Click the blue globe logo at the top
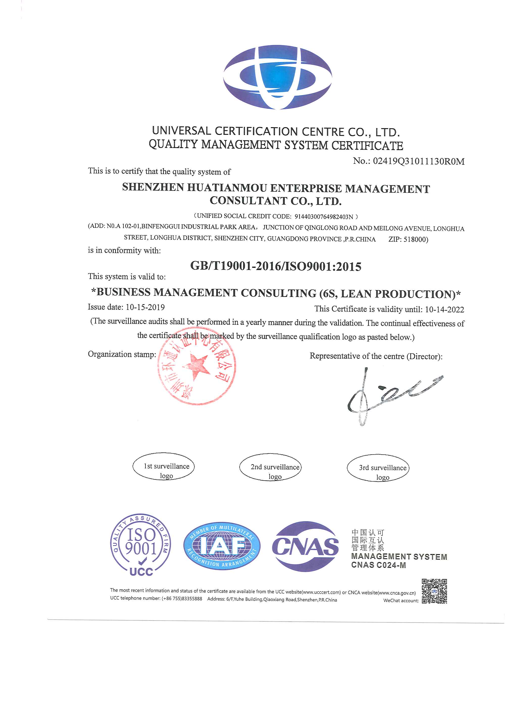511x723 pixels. [x=277, y=77]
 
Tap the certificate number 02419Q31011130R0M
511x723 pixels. [x=418, y=161]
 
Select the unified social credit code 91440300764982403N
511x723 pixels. [x=323, y=217]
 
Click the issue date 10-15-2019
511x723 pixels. [x=145, y=307]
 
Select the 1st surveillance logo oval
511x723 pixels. [x=164, y=467]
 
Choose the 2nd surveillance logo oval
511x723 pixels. [x=270, y=467]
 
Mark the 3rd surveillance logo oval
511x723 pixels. [x=378, y=468]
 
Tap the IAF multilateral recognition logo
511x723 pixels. [x=222, y=546]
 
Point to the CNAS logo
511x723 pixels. [x=305, y=546]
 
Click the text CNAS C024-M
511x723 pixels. [x=378, y=565]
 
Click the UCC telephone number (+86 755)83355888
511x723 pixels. [x=182, y=599]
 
